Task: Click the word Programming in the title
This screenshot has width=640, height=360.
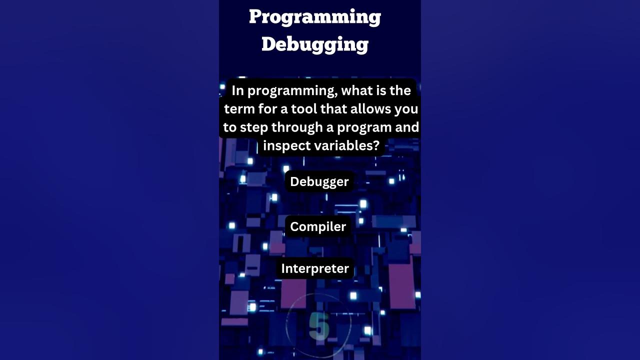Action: pos(315,17)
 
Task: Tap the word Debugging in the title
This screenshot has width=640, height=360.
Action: pos(315,44)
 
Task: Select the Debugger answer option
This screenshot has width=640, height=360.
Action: pos(319,181)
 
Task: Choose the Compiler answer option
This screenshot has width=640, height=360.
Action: pos(318,226)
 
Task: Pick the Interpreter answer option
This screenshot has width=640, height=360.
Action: pos(315,268)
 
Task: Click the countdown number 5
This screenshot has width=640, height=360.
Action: pos(319,325)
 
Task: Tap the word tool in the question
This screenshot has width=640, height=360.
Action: pos(304,109)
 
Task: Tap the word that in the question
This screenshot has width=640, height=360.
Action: pos(334,109)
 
